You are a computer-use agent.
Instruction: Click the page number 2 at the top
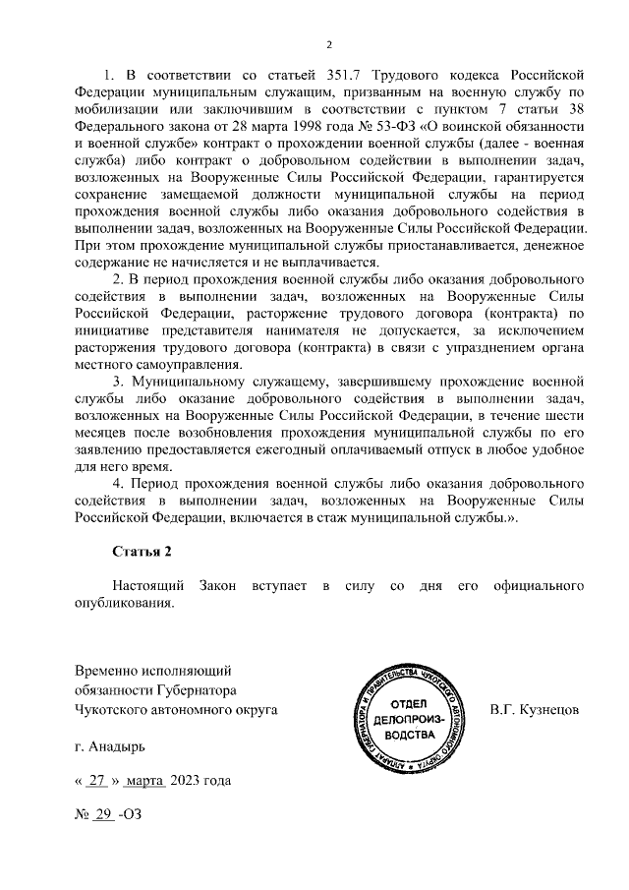click(x=329, y=44)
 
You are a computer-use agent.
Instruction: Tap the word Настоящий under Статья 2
click(x=148, y=587)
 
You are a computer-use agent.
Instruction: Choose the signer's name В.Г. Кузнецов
click(x=536, y=709)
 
